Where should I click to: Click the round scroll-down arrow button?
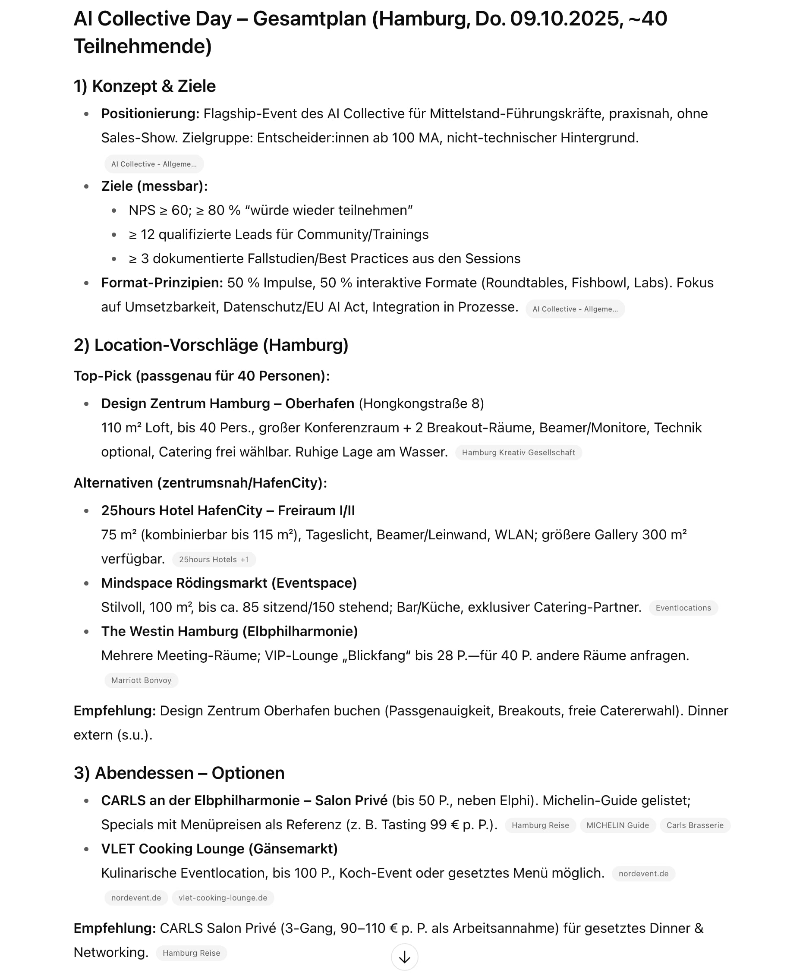(404, 957)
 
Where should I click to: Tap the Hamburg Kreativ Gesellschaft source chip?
(518, 453)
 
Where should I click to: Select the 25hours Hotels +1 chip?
(214, 559)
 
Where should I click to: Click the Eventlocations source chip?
(683, 608)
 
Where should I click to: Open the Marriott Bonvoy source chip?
(141, 680)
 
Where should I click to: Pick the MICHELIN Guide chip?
(617, 825)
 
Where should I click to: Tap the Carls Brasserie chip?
(695, 825)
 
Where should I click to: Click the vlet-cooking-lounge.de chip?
(223, 897)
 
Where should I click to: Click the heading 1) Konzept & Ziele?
(145, 86)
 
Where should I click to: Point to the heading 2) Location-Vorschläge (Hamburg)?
(211, 345)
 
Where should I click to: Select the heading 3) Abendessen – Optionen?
(179, 773)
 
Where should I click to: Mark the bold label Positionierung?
(150, 114)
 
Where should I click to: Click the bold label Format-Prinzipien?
(162, 283)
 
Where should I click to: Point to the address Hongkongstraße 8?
(421, 403)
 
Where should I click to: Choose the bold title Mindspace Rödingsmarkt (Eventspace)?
(229, 583)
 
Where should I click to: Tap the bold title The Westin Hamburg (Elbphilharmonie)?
(230, 632)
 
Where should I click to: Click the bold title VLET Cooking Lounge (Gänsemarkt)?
(220, 849)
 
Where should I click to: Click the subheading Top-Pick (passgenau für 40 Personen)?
(202, 376)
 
